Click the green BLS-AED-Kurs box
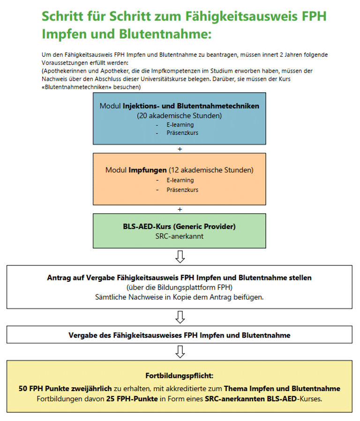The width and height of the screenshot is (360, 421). point(179,231)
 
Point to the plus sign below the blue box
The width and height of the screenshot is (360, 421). point(180,149)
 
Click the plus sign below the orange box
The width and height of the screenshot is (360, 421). point(180,209)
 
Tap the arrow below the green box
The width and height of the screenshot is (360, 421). point(180,256)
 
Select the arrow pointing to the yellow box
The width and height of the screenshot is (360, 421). point(180,352)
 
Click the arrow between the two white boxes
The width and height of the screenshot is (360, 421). point(180,317)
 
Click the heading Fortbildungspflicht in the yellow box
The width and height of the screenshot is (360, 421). point(180,376)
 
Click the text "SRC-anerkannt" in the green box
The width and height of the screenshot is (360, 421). point(180,236)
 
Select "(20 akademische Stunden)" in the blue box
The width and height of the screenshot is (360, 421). point(179,115)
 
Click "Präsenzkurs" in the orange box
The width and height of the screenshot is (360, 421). point(182,190)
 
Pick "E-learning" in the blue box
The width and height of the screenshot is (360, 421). point(180,125)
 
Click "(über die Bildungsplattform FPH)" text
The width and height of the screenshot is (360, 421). point(180,287)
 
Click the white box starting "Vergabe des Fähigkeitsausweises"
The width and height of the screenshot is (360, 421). point(180,335)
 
